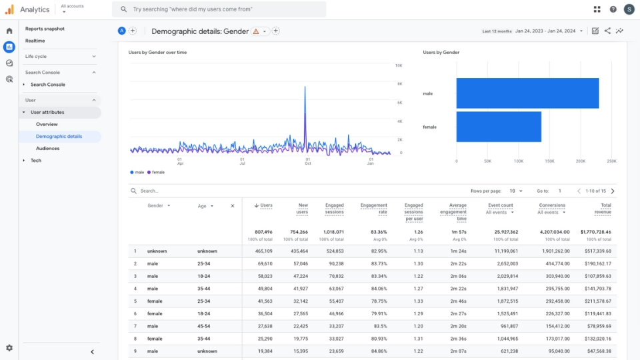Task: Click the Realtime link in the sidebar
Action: (x=35, y=41)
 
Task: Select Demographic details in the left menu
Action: (x=59, y=137)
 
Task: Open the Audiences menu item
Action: (x=47, y=149)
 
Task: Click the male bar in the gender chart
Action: (x=527, y=93)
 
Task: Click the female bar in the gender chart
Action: (x=498, y=127)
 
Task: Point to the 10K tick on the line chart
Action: (x=399, y=65)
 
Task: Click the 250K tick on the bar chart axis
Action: (x=611, y=161)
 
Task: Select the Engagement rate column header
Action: (x=373, y=209)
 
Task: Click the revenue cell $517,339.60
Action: (x=596, y=251)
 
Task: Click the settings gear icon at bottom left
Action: (x=9, y=348)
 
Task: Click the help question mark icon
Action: (x=613, y=9)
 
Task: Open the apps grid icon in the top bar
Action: (x=597, y=9)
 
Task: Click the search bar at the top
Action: (x=220, y=9)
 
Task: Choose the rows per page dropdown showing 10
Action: (x=516, y=191)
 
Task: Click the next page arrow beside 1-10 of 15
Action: (x=613, y=191)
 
